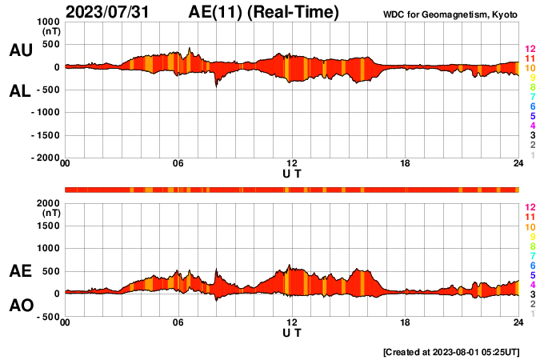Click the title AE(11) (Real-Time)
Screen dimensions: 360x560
tap(264, 12)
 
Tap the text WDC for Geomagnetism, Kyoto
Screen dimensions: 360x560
tap(450, 14)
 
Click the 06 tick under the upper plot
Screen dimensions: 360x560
tap(178, 165)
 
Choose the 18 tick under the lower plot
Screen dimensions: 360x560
tap(406, 322)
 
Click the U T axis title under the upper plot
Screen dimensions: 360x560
tap(292, 173)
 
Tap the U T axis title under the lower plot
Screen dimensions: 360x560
tap(292, 331)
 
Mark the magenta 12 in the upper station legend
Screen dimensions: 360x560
tap(529, 50)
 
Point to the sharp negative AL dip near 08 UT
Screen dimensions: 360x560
tap(216, 85)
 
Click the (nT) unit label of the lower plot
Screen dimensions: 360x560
tap(50, 214)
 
